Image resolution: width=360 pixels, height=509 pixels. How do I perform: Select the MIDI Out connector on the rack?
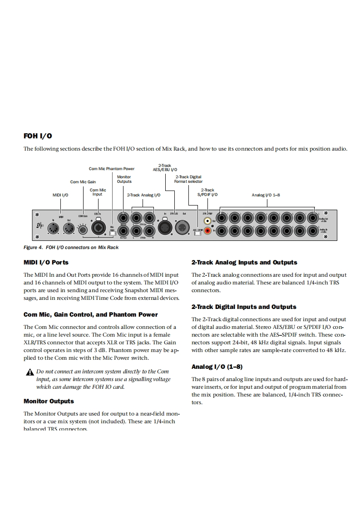69,230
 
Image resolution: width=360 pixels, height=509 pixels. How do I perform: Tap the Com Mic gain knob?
83,230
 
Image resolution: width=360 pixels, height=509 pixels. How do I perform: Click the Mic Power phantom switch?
112,234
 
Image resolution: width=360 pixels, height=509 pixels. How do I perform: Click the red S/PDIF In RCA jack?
208,231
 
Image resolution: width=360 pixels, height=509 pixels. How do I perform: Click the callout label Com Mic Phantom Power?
111,169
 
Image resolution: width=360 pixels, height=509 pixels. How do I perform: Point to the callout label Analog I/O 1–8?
266,195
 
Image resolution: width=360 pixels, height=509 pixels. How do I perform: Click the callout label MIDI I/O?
60,195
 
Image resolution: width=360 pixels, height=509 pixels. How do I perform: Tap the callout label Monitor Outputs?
124,179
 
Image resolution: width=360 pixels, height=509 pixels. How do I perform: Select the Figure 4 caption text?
71,247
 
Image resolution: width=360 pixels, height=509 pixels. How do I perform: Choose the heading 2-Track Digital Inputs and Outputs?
243,307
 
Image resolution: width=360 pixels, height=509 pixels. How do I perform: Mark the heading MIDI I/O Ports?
46,262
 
